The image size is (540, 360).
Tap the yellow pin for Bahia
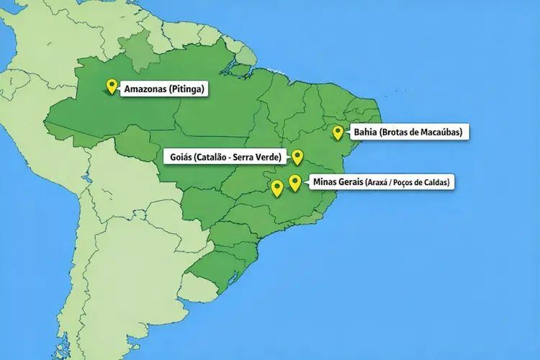[x=338, y=132]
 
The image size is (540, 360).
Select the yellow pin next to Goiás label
[x=297, y=156]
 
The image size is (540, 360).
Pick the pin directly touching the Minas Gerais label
[x=294, y=181]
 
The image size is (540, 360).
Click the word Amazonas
[x=146, y=89]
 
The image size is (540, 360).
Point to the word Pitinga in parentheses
[x=189, y=89]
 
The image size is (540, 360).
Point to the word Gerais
[x=351, y=182]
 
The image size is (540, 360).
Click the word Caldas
[x=438, y=183]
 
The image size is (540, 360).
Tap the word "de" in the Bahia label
[x=418, y=132]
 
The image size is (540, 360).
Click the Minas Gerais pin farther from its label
[x=276, y=188]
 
